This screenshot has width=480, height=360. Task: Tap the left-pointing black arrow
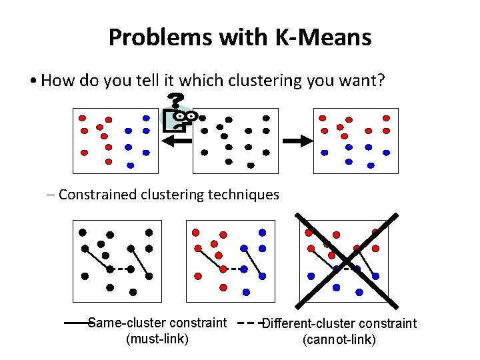[177, 140]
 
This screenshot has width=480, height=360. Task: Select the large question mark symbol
[175, 101]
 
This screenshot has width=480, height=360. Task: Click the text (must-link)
[157, 339]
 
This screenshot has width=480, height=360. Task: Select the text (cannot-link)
[339, 340]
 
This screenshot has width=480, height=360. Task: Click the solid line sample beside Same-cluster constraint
[75, 323]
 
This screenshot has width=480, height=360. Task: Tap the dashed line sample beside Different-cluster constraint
[249, 323]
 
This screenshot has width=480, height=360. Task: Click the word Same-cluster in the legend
[123, 323]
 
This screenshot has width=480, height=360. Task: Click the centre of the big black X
[347, 258]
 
